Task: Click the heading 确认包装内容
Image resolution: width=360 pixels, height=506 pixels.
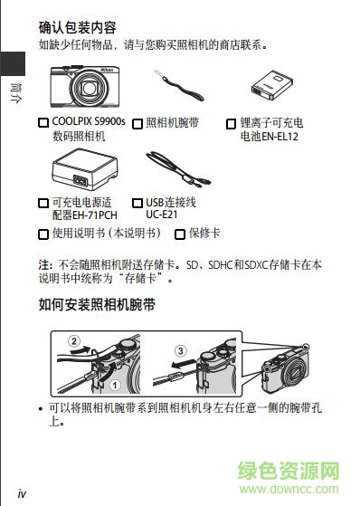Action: tap(83, 27)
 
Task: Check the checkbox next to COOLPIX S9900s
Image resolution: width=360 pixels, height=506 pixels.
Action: tap(43, 122)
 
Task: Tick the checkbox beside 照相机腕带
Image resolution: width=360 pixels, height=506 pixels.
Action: tap(137, 122)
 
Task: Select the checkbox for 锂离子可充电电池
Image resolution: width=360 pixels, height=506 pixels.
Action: tap(231, 122)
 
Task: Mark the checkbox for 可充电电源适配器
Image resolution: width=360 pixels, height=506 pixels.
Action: tap(43, 203)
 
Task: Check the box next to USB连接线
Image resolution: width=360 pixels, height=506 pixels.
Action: tap(137, 203)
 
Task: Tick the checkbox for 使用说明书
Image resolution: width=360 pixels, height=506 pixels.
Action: tap(43, 234)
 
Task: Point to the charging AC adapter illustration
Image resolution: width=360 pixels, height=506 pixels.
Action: tap(81, 169)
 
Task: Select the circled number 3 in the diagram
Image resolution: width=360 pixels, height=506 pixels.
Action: tap(180, 349)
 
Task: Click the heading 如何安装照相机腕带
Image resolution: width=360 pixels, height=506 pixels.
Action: tap(97, 306)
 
